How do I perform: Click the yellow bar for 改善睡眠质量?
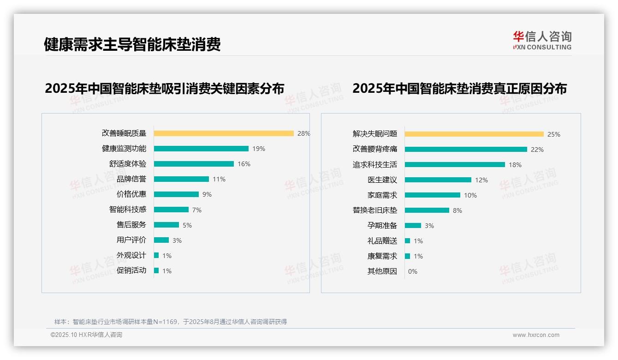224,133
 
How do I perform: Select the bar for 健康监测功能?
201,149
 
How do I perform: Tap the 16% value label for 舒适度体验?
244,164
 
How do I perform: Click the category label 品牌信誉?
131,179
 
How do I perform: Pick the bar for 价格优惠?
176,194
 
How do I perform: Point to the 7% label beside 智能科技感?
197,210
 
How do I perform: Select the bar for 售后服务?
166,225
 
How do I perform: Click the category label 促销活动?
131,270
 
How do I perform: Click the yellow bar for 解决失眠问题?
474,134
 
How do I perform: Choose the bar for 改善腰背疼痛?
466,150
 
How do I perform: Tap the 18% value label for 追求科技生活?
515,165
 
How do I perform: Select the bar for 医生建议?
438,180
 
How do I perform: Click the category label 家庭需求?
382,195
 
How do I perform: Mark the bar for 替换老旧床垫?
427,210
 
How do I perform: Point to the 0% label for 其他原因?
413,271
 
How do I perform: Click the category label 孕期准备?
382,226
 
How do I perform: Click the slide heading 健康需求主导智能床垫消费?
132,44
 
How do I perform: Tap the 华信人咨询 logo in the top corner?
542,40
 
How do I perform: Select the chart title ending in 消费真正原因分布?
459,89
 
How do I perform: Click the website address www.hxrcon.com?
536,335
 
